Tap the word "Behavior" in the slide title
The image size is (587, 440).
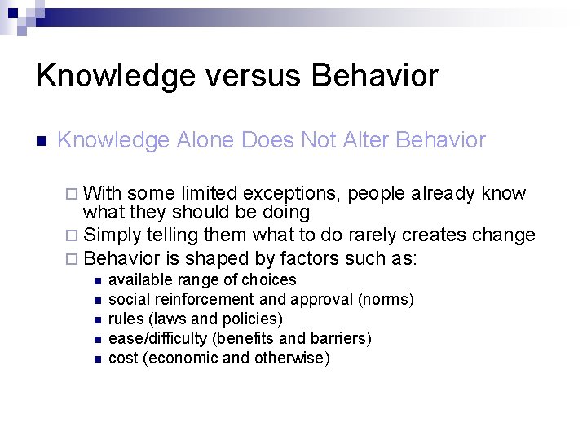[x=374, y=76]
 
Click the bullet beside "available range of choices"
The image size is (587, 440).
[x=96, y=281]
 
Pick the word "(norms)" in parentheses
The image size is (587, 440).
[x=386, y=300]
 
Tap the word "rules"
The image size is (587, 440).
[x=125, y=319]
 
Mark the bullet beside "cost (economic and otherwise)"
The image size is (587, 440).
[x=96, y=359]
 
